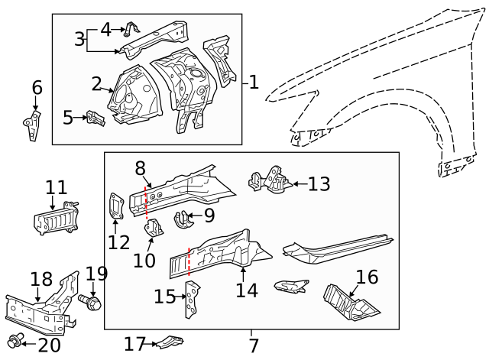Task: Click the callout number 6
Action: click(x=36, y=88)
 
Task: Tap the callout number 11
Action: click(x=56, y=186)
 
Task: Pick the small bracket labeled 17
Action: click(x=170, y=345)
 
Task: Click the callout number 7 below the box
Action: click(x=254, y=345)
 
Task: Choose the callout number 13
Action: click(x=319, y=183)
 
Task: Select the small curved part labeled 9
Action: click(x=184, y=219)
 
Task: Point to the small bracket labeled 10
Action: click(x=152, y=229)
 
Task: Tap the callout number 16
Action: click(x=367, y=277)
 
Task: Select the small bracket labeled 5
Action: click(x=95, y=118)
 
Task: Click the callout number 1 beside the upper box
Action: click(x=254, y=82)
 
